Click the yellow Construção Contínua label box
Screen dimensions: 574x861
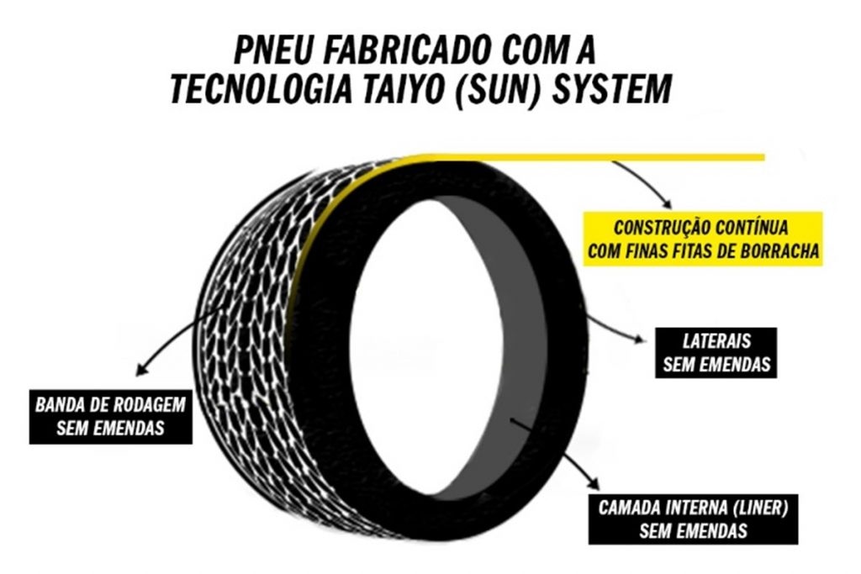[x=702, y=239]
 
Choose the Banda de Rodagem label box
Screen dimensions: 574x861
[x=110, y=416]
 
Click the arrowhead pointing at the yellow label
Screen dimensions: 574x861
[x=668, y=204]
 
